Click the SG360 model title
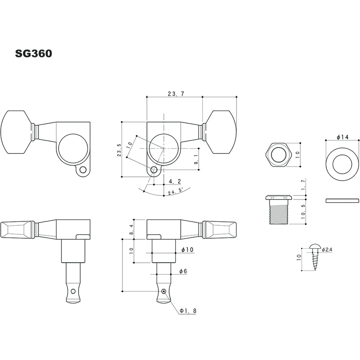tap(33, 54)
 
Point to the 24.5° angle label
tap(176, 191)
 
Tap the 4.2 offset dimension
tap(175, 181)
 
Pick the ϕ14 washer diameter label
tap(342, 137)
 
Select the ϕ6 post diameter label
tap(183, 271)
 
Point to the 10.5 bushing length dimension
tap(303, 211)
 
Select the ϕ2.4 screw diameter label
tap(327, 249)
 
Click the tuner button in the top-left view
tap(15, 132)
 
